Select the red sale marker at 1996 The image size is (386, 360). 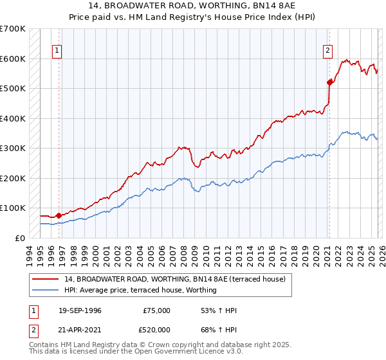pyautogui.click(x=59, y=215)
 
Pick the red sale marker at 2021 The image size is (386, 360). pyautogui.click(x=329, y=82)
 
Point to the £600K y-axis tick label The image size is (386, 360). pyautogui.click(x=13, y=59)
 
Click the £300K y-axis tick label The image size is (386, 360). pyautogui.click(x=13, y=148)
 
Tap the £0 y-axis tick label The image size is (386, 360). pyautogui.click(x=21, y=238)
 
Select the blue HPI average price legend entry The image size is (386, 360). pyautogui.click(x=140, y=290)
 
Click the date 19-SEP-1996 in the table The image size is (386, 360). pyautogui.click(x=79, y=310)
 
